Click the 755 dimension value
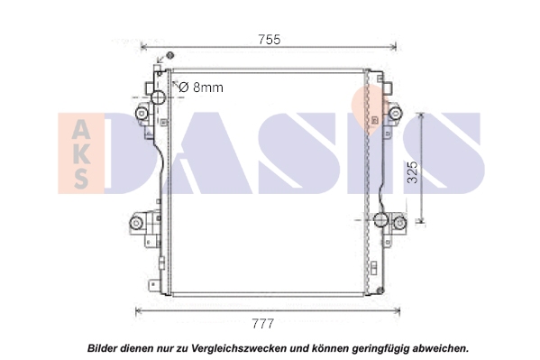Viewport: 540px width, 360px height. pyautogui.click(x=270, y=40)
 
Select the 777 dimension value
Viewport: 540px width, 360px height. pyautogui.click(x=263, y=324)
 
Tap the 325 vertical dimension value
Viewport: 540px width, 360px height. pyautogui.click(x=412, y=172)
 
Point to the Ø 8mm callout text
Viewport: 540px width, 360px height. pyautogui.click(x=201, y=88)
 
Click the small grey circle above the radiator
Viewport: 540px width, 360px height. pyautogui.click(x=169, y=55)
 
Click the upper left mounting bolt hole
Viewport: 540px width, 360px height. pyautogui.click(x=142, y=113)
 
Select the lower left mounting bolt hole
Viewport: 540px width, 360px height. pyautogui.click(x=136, y=223)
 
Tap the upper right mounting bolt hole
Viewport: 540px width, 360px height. pyautogui.click(x=396, y=112)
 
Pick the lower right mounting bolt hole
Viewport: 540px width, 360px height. pyautogui.click(x=399, y=223)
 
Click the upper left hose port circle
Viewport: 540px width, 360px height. pyautogui.click(x=159, y=97)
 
